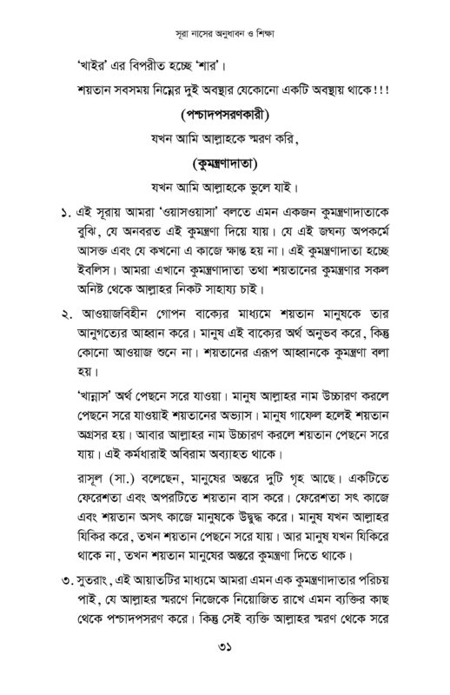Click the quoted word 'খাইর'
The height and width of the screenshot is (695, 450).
89,67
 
